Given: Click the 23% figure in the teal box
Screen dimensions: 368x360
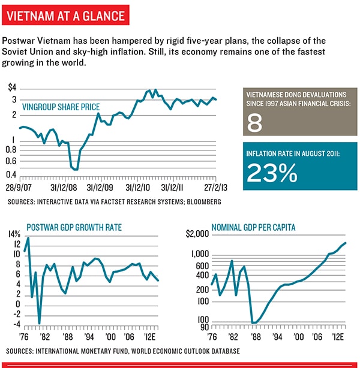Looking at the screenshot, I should click(272, 173).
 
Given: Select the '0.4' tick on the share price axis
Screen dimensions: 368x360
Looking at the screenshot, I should click(11, 175).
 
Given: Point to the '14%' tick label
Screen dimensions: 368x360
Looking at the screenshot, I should click(14, 234).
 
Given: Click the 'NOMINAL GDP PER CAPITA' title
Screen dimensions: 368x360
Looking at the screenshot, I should click(256, 228).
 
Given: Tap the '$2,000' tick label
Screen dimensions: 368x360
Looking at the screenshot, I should click(198, 234).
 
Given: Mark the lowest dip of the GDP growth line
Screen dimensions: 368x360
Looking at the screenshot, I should click(40, 324).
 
